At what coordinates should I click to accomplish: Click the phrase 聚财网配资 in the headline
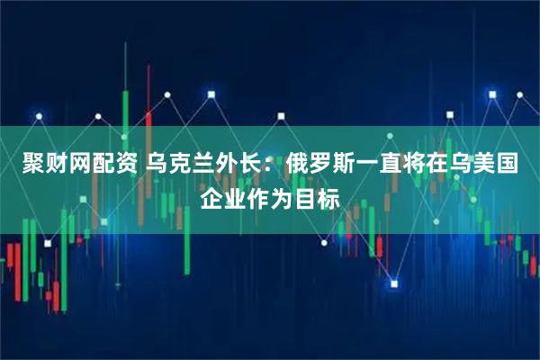click(73, 166)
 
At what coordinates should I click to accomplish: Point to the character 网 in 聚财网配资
click(73, 166)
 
